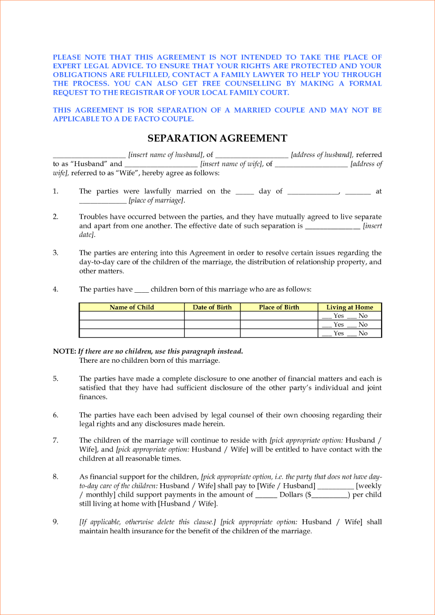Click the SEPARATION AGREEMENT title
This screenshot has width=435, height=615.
217,138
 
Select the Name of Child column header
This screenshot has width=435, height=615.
132,307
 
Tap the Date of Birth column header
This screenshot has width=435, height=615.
212,307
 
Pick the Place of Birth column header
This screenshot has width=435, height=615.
279,307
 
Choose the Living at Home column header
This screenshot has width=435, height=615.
350,307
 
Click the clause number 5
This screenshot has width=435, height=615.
56,378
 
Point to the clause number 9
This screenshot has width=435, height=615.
56,521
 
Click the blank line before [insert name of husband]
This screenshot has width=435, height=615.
89,156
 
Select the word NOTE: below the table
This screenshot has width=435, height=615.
64,351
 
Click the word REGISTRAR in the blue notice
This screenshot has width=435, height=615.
142,93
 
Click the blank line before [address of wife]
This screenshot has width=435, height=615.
311,165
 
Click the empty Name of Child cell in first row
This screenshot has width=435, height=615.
132,316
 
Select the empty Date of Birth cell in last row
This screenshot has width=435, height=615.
212,333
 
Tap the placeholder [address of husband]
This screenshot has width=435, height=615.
322,155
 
